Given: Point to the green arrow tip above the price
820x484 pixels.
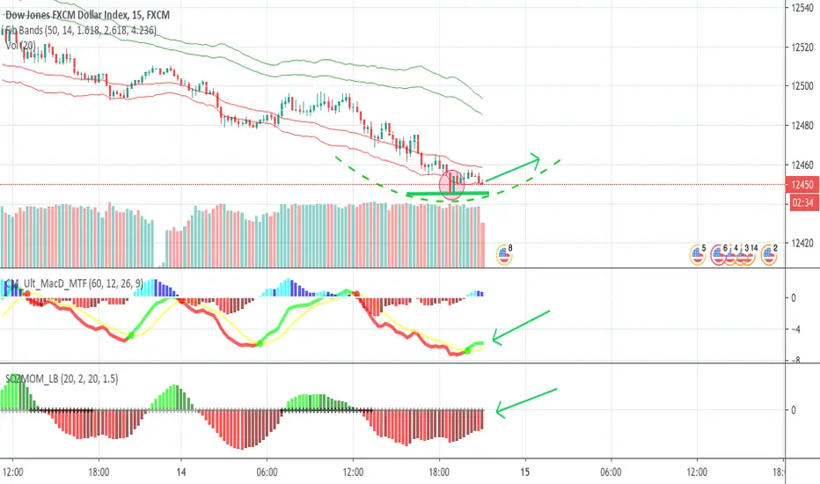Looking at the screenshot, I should click(538, 158).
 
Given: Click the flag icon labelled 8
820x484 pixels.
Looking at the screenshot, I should click(505, 254).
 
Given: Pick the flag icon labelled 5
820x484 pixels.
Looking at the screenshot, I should click(699, 254).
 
